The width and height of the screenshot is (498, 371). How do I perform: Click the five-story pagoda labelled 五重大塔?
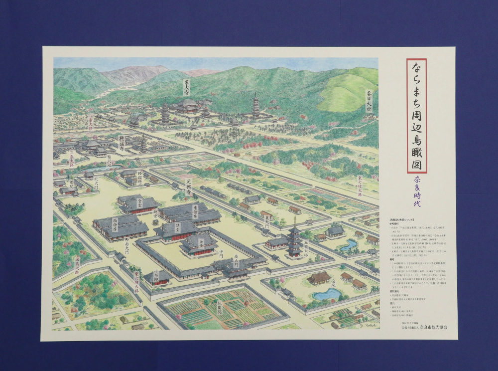click(x=294, y=239)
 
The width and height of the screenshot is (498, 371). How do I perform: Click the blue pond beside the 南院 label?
click(x=326, y=294)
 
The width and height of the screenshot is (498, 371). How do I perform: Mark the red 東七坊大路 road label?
click(x=359, y=186)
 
